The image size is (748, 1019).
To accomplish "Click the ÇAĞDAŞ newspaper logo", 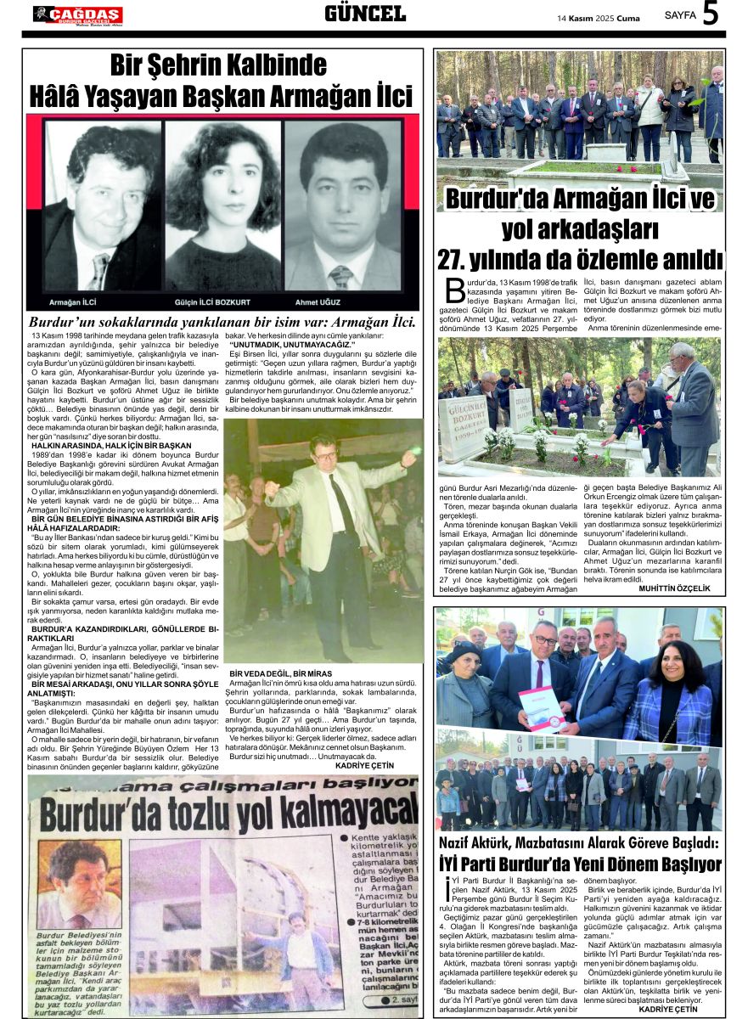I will [x=78, y=14].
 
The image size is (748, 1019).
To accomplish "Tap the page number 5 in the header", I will [x=711, y=14].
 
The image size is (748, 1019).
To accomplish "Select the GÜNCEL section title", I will [x=365, y=14].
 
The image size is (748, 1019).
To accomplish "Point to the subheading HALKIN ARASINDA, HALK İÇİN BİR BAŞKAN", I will [x=111, y=445].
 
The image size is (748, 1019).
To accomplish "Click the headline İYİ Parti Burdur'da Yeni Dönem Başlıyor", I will [x=580, y=864].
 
